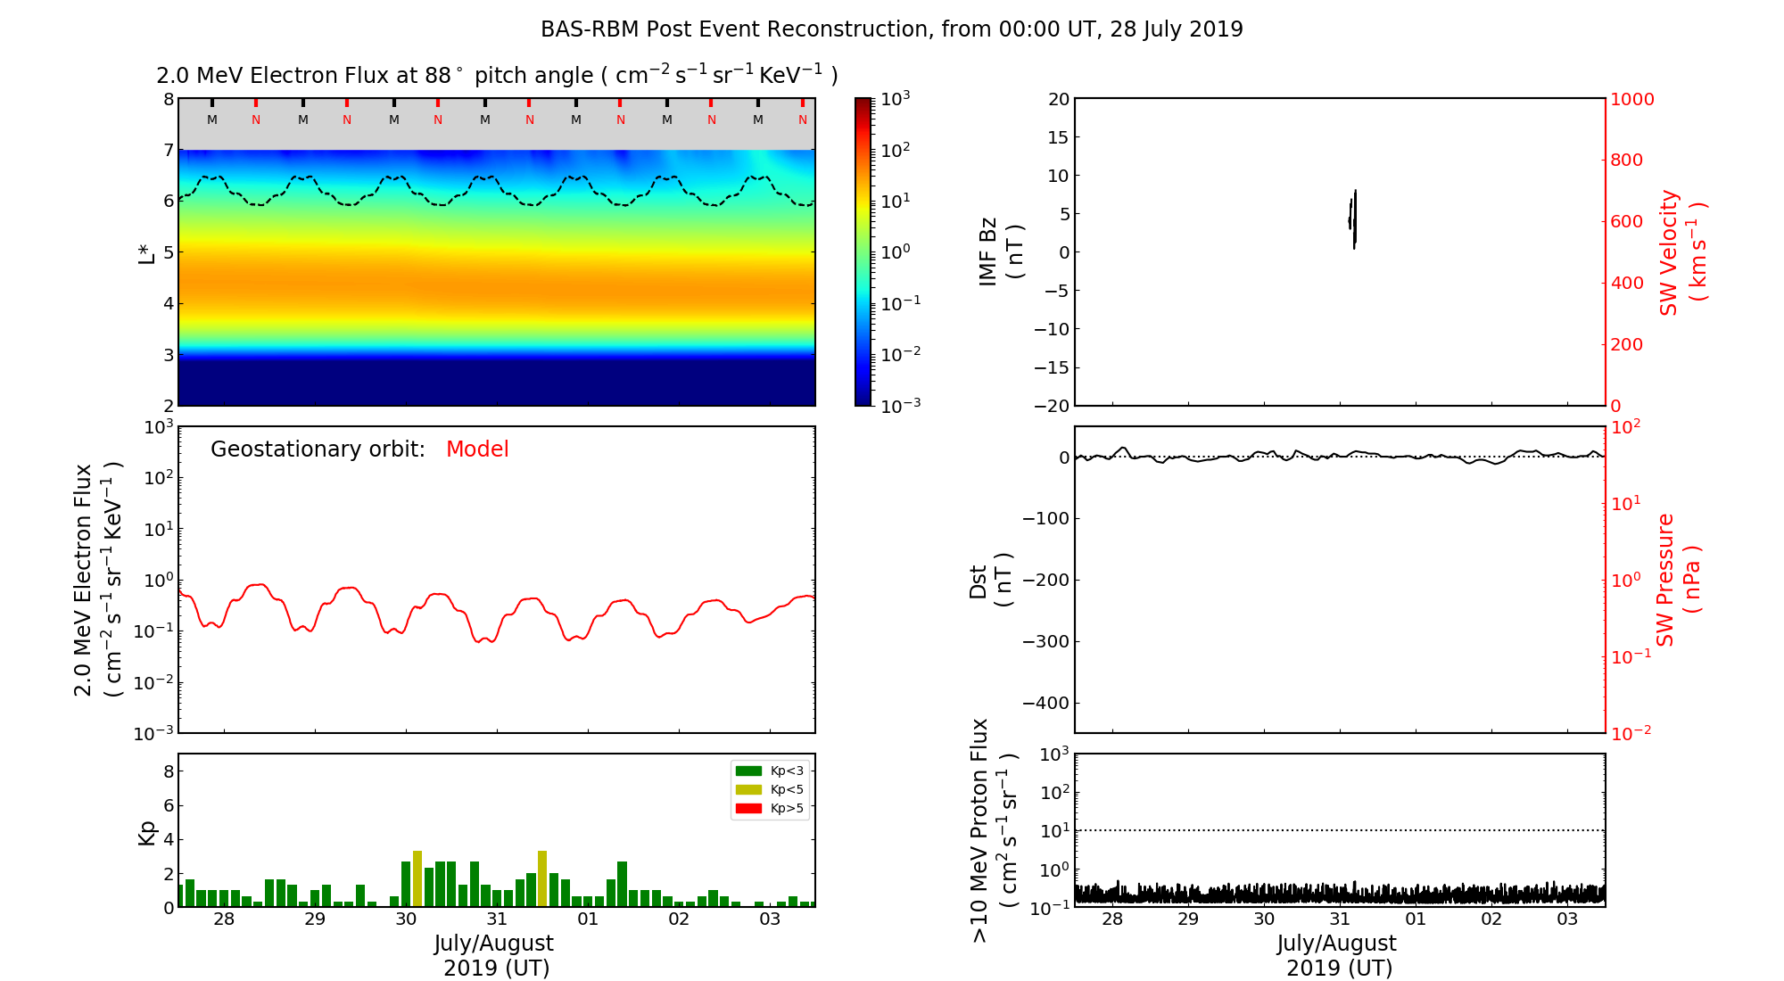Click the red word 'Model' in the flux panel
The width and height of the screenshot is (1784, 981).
[477, 449]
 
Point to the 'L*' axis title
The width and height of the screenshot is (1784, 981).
[147, 252]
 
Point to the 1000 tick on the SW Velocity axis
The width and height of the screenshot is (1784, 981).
[1631, 99]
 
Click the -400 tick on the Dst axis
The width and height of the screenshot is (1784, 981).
[1045, 703]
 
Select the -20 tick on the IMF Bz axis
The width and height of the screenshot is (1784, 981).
[1052, 406]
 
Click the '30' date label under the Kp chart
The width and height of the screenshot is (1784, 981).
[406, 919]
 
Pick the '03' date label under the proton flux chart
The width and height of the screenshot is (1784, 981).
[1567, 919]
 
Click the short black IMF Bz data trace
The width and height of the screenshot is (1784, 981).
[1353, 218]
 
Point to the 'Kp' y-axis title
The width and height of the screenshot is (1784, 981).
[147, 833]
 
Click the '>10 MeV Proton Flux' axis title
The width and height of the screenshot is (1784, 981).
[994, 830]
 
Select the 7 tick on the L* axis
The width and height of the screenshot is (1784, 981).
[169, 150]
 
